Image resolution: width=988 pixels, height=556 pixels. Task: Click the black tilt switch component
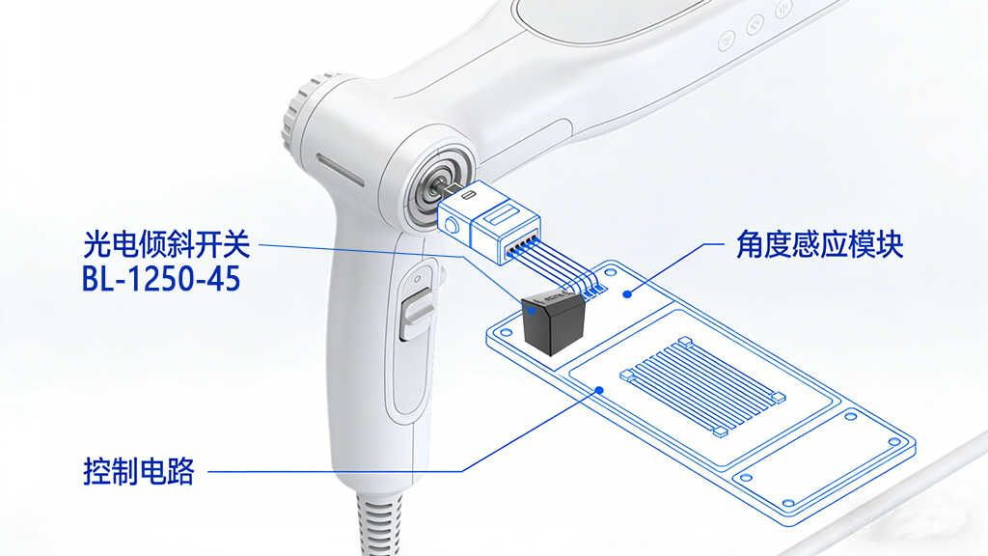click(551, 322)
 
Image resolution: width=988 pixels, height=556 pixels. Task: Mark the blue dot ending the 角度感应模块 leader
click(627, 292)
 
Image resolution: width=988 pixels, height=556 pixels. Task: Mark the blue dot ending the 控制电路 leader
click(599, 391)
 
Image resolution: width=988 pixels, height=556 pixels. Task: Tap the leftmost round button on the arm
click(726, 40)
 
